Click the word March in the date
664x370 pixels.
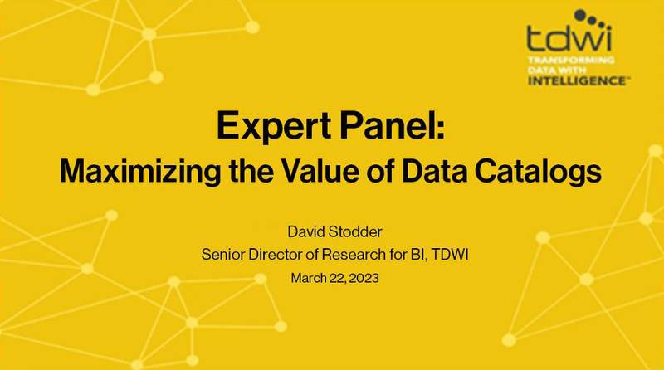coord(308,277)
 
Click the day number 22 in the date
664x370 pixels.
coord(334,277)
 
